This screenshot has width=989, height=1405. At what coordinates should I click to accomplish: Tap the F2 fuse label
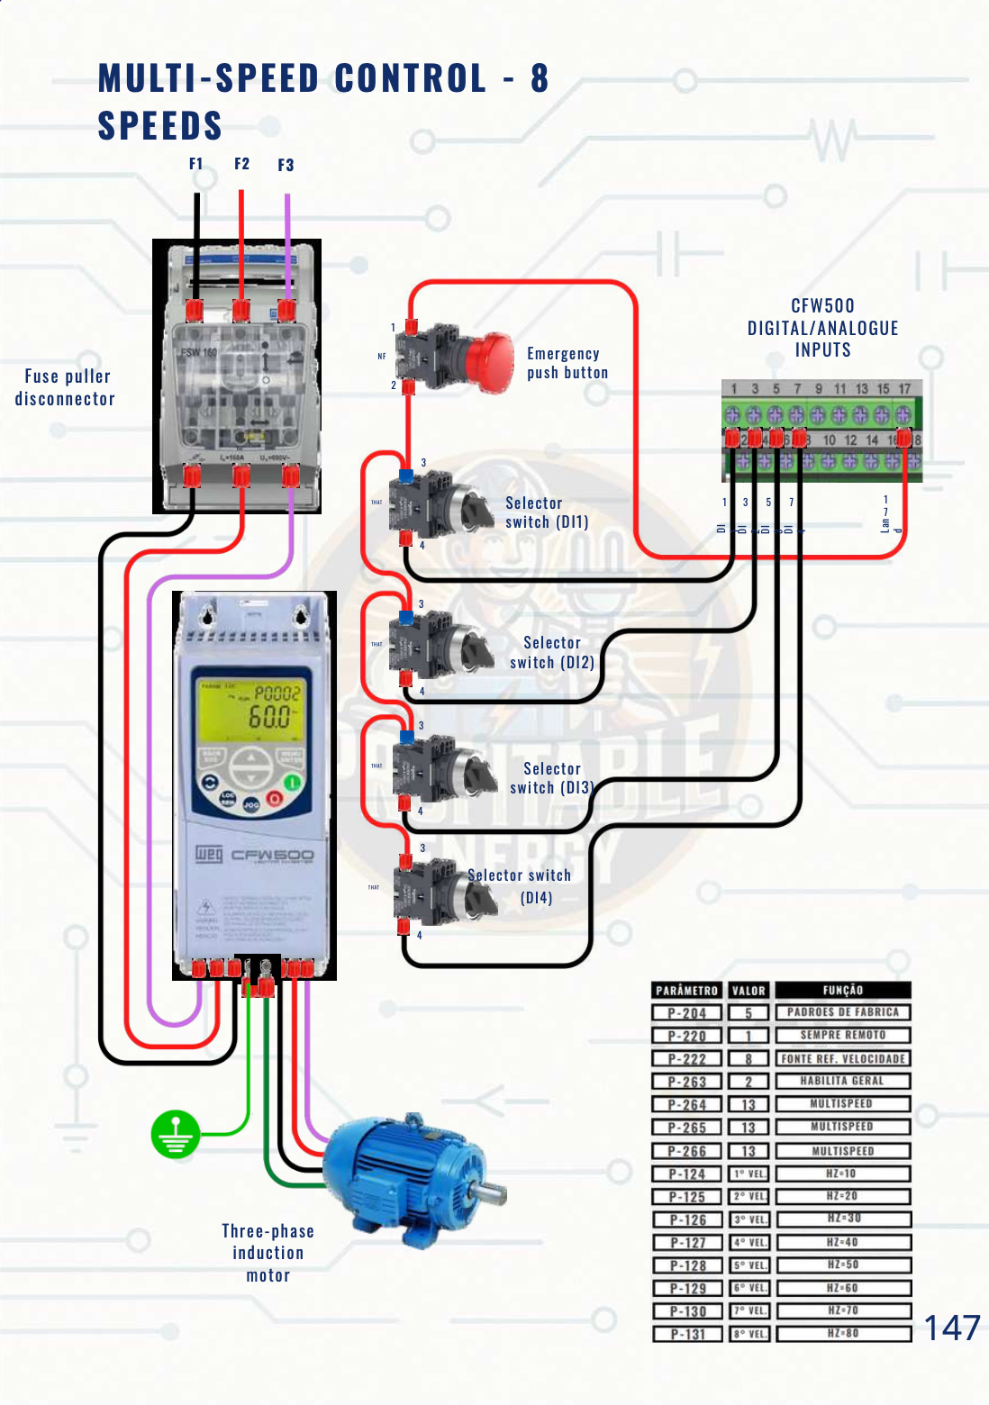point(241,164)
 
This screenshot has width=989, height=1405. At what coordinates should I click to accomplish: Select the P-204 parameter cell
point(686,1013)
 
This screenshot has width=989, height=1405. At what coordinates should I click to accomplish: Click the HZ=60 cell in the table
point(842,1288)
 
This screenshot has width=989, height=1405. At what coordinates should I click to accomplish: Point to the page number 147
point(951,1328)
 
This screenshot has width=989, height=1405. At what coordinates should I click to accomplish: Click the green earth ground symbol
point(175,1134)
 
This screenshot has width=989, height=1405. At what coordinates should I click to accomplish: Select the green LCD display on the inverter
point(250,707)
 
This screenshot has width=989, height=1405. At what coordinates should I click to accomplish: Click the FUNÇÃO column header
point(842,990)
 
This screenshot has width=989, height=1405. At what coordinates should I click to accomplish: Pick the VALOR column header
point(748,990)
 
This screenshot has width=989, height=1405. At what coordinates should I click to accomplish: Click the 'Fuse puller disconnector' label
point(65,387)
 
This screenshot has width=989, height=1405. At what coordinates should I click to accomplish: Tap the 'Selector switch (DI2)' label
point(552,653)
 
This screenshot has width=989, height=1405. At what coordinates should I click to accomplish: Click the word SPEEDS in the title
point(159,125)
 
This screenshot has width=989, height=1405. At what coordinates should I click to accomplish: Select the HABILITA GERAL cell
point(842,1081)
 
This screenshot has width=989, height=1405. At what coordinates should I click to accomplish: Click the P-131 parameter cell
point(686,1334)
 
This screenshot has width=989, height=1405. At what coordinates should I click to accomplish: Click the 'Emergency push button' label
point(567,363)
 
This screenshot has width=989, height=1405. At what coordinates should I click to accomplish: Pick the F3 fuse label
point(286,165)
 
